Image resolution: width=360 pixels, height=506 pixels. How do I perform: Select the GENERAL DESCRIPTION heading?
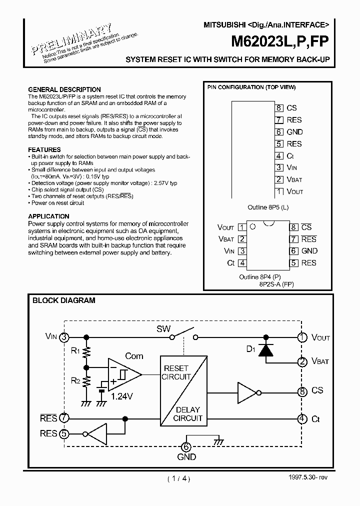(x=64, y=90)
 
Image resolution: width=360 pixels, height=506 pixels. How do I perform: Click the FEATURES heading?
(x=44, y=149)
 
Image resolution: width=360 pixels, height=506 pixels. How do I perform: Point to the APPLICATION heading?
(x=48, y=216)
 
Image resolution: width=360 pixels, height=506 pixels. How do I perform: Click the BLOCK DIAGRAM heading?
(x=63, y=300)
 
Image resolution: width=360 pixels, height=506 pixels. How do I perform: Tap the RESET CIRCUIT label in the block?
(x=176, y=372)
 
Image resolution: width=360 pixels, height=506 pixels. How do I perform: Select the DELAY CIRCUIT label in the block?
(x=187, y=414)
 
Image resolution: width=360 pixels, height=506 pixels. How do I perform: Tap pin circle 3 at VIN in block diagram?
(x=64, y=337)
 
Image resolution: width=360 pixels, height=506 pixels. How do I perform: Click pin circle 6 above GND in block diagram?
(x=185, y=447)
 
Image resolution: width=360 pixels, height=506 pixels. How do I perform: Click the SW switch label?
(x=163, y=329)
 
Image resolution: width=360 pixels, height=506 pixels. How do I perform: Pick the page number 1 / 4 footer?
(x=179, y=478)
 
